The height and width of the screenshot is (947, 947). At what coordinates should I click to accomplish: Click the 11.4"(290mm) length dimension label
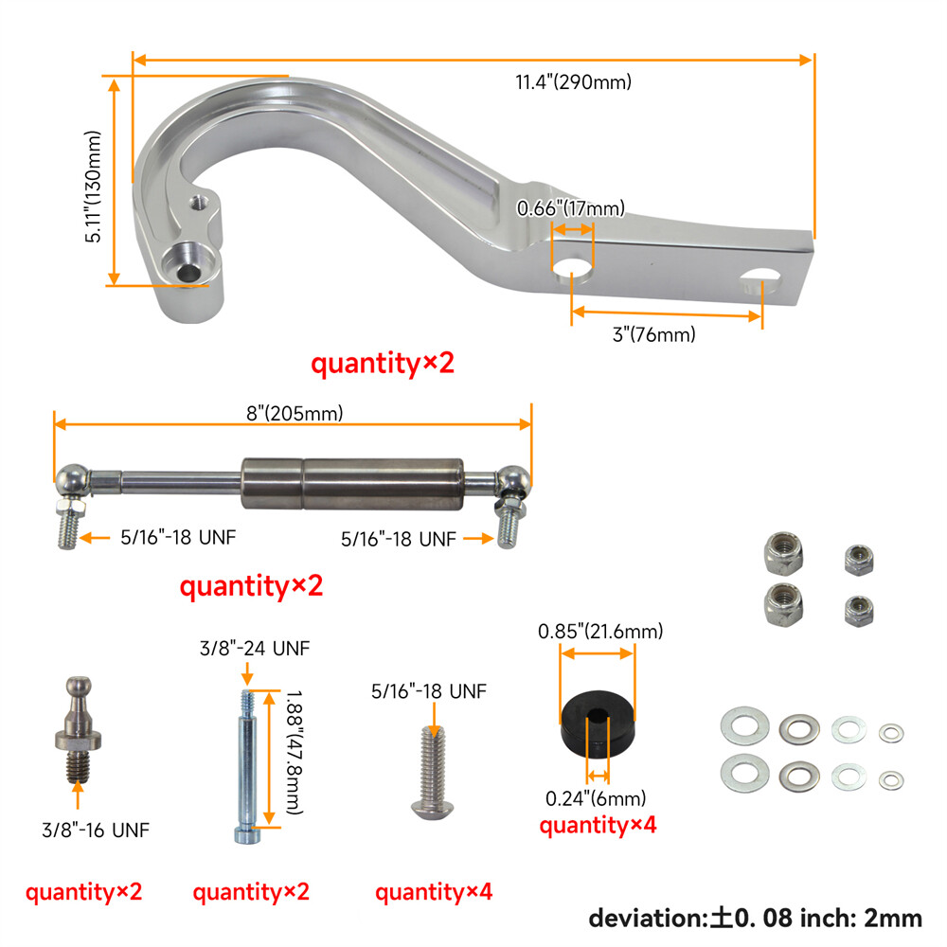pos(573,82)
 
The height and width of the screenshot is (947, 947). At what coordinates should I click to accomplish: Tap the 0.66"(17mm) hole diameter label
pos(570,208)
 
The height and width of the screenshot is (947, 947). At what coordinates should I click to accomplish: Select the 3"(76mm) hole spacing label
pos(653,334)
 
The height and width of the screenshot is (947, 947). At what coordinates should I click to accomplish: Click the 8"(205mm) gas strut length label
pos(293,413)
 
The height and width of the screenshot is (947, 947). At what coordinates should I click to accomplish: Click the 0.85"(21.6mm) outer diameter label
pos(600,631)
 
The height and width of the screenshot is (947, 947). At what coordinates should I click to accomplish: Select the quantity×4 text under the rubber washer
pos(598,826)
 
